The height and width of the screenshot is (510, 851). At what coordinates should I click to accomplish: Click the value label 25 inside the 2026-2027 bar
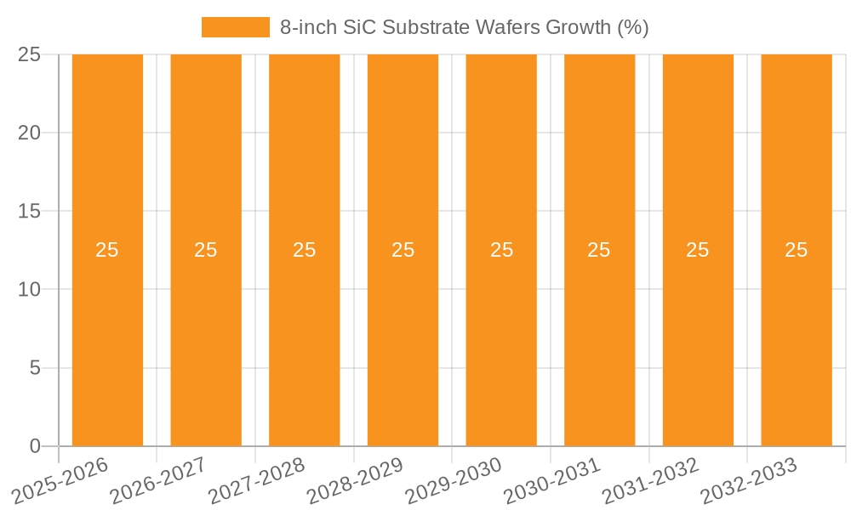pyautogui.click(x=206, y=250)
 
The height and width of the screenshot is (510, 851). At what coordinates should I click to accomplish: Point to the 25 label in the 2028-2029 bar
pyautogui.click(x=403, y=250)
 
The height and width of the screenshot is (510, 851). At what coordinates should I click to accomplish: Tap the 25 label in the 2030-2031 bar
pyautogui.click(x=599, y=250)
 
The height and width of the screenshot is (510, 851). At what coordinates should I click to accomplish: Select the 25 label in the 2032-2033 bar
pyautogui.click(x=797, y=250)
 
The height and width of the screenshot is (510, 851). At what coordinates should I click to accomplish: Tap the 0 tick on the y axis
pyautogui.click(x=35, y=446)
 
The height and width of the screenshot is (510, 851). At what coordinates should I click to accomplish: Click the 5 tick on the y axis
pyautogui.click(x=35, y=368)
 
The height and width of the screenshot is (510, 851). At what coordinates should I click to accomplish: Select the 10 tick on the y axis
pyautogui.click(x=30, y=290)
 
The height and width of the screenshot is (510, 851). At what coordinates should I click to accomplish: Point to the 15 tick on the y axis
pyautogui.click(x=30, y=211)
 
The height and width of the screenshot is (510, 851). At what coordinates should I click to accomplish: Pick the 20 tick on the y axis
pyautogui.click(x=30, y=133)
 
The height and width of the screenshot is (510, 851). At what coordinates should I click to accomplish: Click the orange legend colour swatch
pyautogui.click(x=236, y=27)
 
